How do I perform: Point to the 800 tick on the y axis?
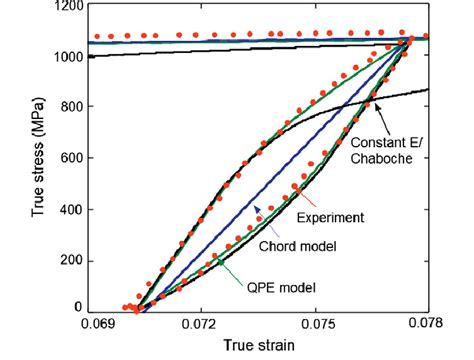tap(72, 107)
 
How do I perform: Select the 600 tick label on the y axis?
tap(72, 158)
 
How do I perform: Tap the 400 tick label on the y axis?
tap(72, 209)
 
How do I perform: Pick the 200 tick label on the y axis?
tap(72, 260)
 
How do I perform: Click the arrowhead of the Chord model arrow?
tap(256, 206)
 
